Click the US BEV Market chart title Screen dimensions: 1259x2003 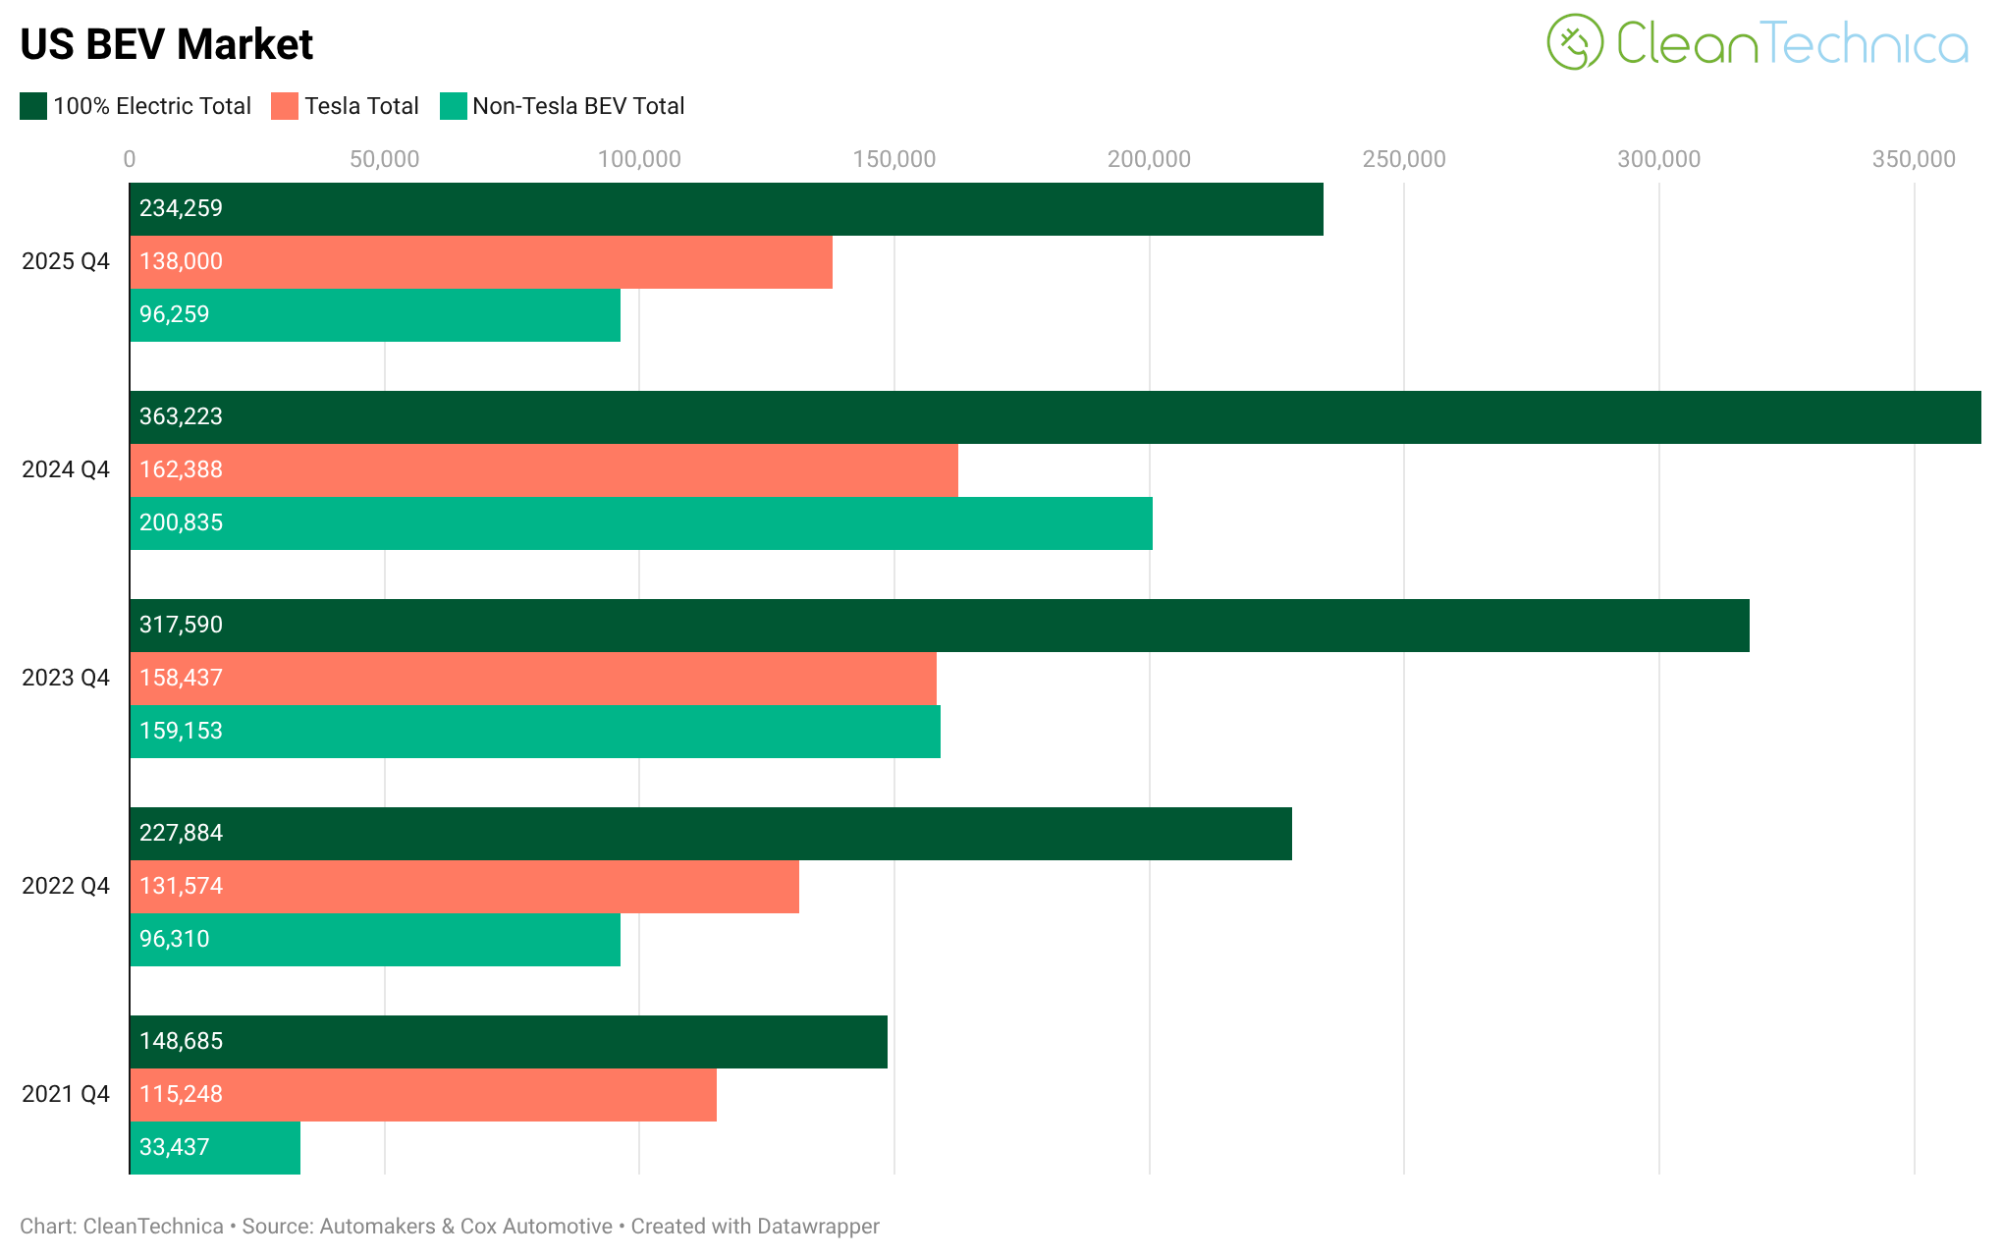point(166,44)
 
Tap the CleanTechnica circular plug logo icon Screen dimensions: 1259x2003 point(1574,42)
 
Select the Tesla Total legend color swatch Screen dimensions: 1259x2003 point(285,106)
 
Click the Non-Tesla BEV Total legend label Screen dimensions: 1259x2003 point(577,106)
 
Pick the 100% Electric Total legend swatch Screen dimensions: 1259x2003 point(33,106)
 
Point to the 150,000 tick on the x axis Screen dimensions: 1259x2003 point(893,159)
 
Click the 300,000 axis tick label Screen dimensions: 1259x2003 point(1658,159)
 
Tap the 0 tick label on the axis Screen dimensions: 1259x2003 point(130,159)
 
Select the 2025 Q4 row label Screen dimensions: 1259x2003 point(66,261)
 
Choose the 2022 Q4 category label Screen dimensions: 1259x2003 point(66,886)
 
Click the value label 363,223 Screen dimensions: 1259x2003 point(182,416)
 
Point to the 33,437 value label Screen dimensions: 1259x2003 point(175,1147)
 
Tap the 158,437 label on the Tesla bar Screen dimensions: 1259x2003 point(182,678)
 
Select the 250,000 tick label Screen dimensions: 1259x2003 point(1403,159)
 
